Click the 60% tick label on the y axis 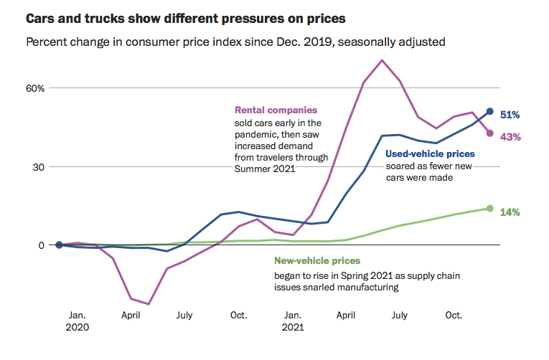tap(36, 88)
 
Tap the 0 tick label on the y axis tap(42, 245)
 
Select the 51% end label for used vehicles tap(510, 115)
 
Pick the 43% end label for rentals tap(510, 137)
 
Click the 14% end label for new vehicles tap(510, 212)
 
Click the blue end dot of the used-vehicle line tap(490, 111)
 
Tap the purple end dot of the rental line tap(490, 133)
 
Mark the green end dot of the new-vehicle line tap(490, 209)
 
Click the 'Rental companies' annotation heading tap(276, 110)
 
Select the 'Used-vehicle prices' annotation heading tap(430, 153)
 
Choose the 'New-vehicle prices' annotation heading tap(317, 261)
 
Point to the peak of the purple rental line tap(382, 60)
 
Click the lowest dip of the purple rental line tap(149, 304)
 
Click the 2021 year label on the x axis tap(292, 328)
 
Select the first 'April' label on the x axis tap(131, 315)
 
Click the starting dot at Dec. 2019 tap(59, 245)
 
